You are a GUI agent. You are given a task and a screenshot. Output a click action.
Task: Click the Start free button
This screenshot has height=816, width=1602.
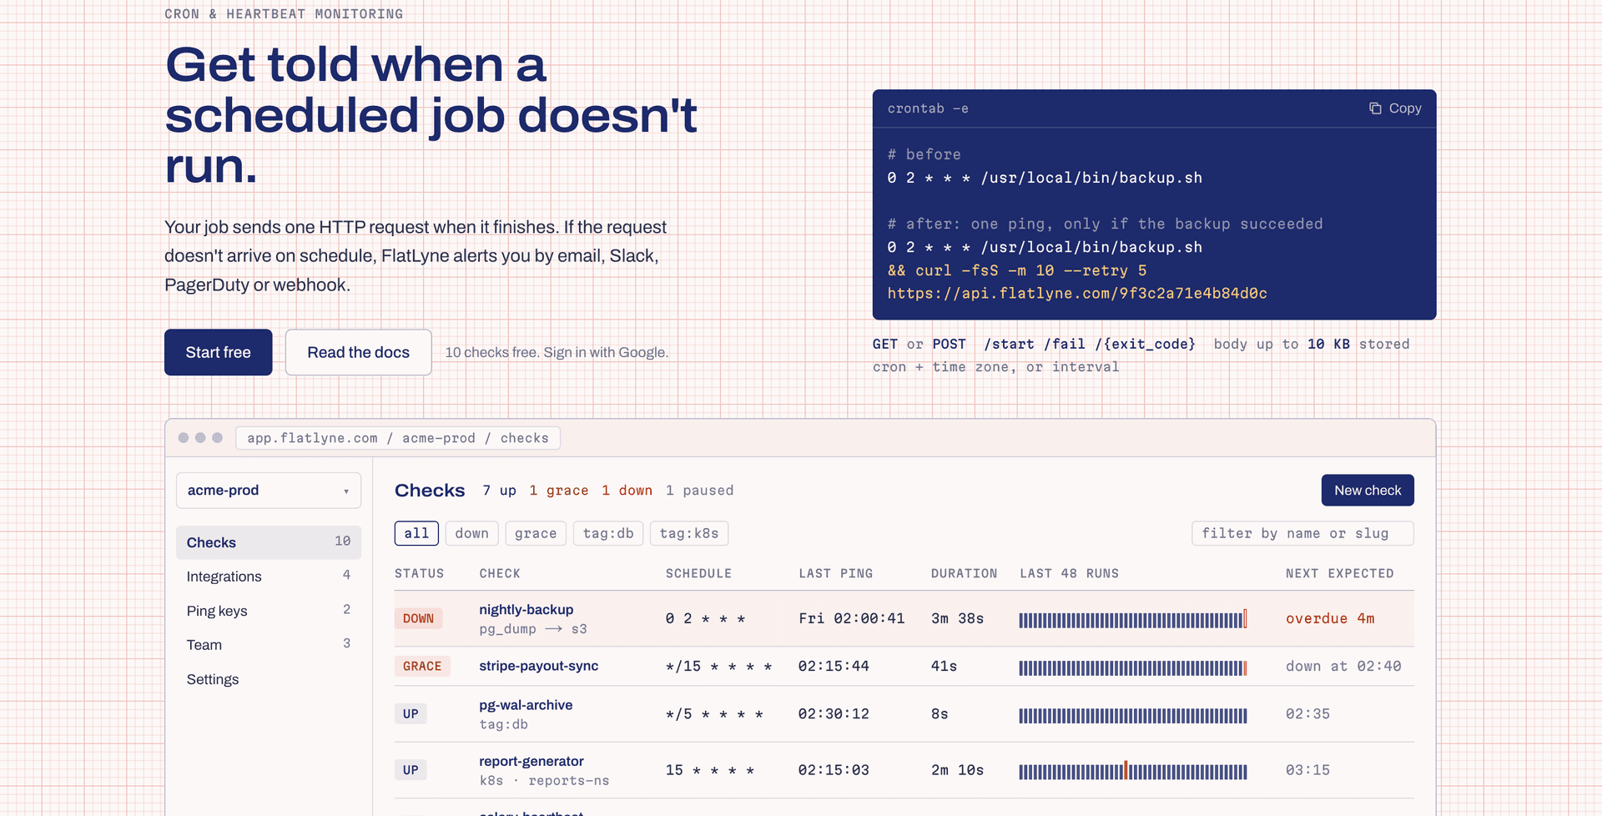point(219,352)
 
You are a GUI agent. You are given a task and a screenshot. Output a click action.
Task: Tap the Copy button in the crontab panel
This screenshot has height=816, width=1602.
point(1395,108)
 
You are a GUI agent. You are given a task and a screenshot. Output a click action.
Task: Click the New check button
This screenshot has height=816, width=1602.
point(1368,491)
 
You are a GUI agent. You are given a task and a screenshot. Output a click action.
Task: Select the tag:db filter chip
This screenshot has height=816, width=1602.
point(608,533)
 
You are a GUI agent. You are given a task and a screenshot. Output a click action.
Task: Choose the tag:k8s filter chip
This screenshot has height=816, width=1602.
point(689,533)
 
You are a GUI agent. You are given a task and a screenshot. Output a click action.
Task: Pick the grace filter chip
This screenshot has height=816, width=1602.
point(536,533)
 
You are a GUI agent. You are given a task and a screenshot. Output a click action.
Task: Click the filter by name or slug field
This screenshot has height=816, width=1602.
point(1302,533)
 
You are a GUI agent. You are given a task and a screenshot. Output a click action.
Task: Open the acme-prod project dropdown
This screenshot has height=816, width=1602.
point(269,491)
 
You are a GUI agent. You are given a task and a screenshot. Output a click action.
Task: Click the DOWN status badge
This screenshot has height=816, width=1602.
point(418,618)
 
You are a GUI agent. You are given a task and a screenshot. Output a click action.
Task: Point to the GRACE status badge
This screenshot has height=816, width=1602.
point(422,666)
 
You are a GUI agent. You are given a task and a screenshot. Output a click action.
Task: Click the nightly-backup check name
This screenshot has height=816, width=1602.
point(526,609)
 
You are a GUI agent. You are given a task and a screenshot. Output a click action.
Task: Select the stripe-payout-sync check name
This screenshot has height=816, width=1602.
point(539,666)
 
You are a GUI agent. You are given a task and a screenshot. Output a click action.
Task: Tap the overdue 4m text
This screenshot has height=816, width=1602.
point(1330,618)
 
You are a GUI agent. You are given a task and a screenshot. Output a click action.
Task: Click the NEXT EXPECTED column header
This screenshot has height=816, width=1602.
point(1340,573)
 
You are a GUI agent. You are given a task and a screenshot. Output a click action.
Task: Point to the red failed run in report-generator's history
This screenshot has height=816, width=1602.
point(1126,770)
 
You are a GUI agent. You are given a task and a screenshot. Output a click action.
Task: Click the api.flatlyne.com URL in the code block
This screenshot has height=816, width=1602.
point(1077,294)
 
